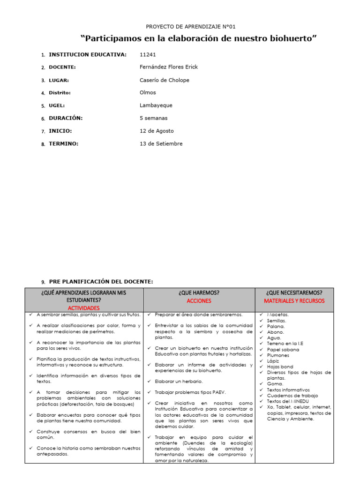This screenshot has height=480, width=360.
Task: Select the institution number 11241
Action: tap(148, 55)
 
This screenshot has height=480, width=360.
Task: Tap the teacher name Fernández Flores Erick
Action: tap(169, 67)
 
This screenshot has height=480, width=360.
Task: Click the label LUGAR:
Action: tap(59, 80)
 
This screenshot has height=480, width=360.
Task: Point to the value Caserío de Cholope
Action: tap(165, 80)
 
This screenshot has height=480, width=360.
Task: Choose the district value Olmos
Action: tap(148, 93)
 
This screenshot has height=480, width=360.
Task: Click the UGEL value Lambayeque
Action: tap(157, 105)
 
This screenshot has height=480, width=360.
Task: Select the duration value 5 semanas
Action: tap(153, 118)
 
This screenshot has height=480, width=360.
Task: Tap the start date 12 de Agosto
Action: tap(157, 131)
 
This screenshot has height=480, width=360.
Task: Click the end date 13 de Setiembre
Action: tap(161, 143)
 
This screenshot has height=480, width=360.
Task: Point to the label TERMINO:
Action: tap(63, 143)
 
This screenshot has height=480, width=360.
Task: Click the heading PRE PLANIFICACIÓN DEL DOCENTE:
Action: tap(101, 281)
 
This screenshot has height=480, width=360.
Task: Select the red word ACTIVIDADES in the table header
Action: tap(84, 308)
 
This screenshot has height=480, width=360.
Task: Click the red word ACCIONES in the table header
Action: tap(199, 300)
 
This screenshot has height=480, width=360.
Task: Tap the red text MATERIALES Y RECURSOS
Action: tap(294, 300)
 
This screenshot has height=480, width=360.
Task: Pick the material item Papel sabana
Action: tap(283, 350)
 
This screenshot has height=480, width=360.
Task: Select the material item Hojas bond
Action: tap(280, 367)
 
